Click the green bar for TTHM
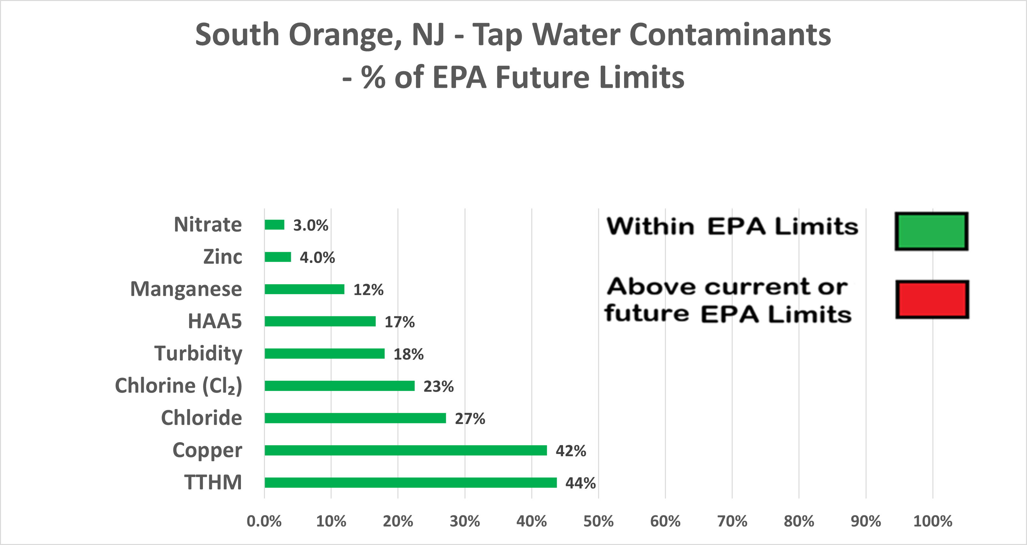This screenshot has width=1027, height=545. tap(411, 482)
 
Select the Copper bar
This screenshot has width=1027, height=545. tap(405, 450)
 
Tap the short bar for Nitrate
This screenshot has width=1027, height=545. tap(274, 225)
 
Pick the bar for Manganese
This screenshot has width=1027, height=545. tap(304, 289)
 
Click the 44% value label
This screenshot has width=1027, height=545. tap(581, 483)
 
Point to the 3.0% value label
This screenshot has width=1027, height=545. tap(311, 226)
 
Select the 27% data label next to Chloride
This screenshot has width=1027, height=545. tap(470, 418)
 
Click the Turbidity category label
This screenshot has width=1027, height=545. tap(198, 353)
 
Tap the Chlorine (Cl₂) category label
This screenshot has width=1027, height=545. tap(178, 386)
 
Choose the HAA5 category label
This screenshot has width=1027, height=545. tap(214, 321)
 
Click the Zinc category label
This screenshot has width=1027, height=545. tap(222, 257)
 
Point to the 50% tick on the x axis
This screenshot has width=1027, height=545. tap(598, 521)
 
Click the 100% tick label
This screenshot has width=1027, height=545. tap(932, 521)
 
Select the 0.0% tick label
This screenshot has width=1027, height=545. tap(264, 521)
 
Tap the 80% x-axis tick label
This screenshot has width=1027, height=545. tap(799, 521)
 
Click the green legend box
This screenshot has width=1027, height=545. tap(931, 232)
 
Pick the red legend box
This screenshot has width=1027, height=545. tap(932, 299)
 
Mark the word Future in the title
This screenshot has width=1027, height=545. tap(543, 77)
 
